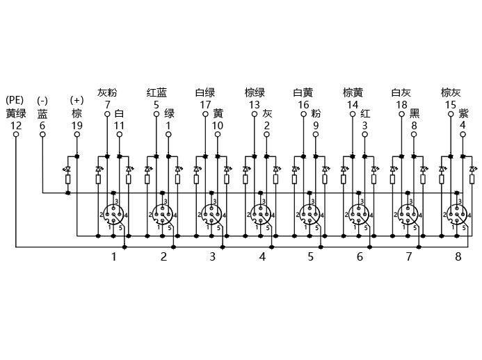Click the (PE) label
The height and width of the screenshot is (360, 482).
15,101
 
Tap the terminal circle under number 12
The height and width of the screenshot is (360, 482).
16,134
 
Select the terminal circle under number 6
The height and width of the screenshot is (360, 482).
42,134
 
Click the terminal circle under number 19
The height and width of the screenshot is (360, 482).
77,134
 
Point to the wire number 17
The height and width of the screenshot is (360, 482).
205,105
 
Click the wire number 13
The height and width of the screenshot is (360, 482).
255,105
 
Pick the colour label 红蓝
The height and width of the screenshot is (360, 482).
156,92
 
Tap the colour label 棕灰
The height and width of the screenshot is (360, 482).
451,92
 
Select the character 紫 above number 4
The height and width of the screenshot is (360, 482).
463,113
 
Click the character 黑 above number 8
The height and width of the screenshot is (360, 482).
415,113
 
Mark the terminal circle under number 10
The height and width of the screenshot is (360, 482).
217,134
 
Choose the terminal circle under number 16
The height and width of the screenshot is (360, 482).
303,114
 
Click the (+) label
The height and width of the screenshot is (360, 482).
77,100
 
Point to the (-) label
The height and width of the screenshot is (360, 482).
42,101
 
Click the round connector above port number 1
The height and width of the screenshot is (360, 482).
113,214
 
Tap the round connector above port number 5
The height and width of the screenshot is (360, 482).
310,214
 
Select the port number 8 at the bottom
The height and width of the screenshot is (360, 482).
458,256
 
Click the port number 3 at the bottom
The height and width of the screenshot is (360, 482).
212,256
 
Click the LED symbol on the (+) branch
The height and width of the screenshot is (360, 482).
67,169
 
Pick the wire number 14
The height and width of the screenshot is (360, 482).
353,105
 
